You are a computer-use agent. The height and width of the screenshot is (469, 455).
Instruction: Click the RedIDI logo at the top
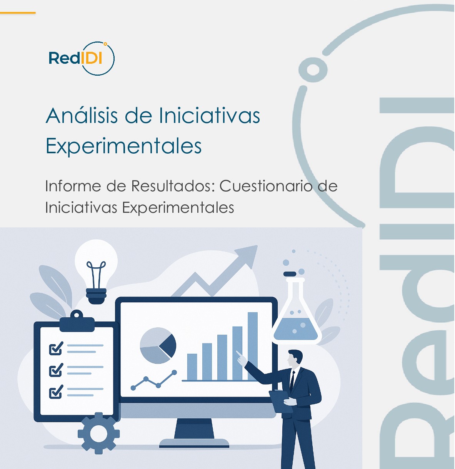click(81, 58)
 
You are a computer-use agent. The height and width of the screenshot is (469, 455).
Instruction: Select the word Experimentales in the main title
click(123, 146)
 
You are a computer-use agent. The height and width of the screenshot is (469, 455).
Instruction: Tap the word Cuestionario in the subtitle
click(266, 186)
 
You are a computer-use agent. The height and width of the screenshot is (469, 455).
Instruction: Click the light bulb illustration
click(96, 269)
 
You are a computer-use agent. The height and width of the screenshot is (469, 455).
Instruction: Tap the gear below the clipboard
click(98, 433)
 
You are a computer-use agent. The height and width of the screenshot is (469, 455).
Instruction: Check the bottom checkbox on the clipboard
click(56, 392)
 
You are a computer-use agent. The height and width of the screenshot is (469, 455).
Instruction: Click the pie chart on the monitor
click(158, 345)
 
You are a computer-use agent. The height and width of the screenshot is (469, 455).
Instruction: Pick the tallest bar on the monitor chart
click(253, 346)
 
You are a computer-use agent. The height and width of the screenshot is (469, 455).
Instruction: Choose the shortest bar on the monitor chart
click(192, 367)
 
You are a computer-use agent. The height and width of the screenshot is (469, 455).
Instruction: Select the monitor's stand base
click(194, 442)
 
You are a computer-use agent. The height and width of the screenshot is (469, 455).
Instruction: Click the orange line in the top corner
click(18, 13)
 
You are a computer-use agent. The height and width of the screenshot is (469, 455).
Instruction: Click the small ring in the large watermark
click(313, 70)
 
